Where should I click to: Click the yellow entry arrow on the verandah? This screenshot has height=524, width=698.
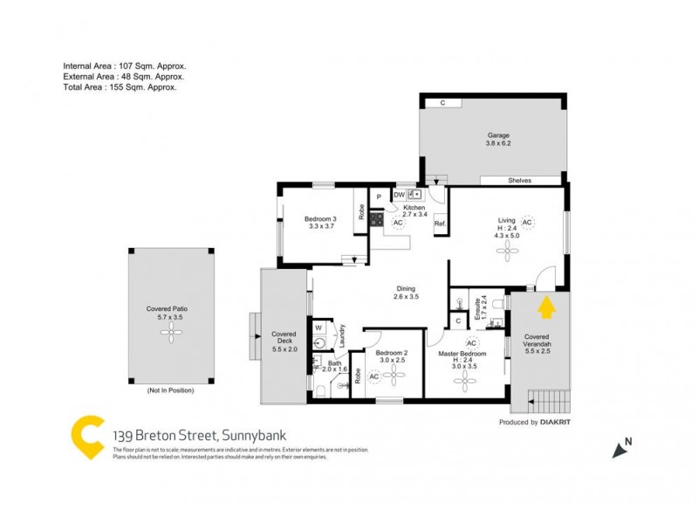(x=546, y=307)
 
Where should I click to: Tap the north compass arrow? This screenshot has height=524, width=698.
(x=621, y=449)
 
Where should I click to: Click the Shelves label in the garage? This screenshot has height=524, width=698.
(x=520, y=181)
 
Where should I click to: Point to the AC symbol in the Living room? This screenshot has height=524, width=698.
(x=527, y=223)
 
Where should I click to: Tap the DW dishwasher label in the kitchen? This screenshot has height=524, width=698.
(x=399, y=195)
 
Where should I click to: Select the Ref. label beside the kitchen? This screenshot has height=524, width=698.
(x=441, y=224)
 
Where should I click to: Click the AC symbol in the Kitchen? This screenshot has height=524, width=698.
(x=398, y=223)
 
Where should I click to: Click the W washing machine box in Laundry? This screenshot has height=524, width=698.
(x=319, y=328)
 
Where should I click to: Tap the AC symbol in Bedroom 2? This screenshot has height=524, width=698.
(x=374, y=376)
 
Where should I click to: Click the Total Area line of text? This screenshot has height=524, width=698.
(x=120, y=87)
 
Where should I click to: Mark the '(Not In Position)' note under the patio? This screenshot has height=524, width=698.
(x=170, y=390)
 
